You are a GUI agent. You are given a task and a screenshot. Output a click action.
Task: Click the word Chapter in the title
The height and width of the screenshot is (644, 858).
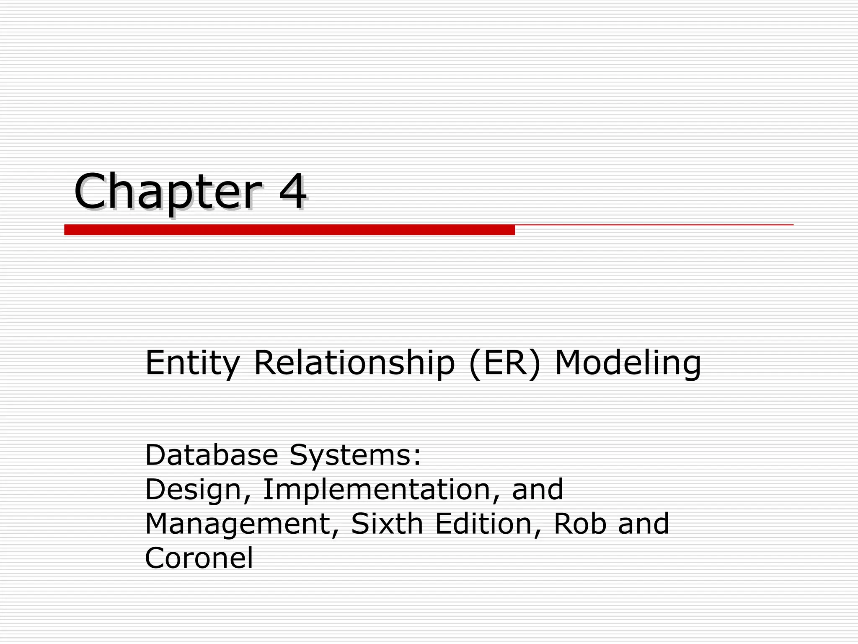pyautogui.click(x=168, y=192)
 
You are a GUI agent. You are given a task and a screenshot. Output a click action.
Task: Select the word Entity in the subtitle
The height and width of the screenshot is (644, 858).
pyautogui.click(x=192, y=363)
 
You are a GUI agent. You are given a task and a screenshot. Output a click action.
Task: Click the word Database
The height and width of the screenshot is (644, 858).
pyautogui.click(x=212, y=455)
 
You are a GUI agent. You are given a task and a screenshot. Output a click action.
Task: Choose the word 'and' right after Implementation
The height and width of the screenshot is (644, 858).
pyautogui.click(x=538, y=489)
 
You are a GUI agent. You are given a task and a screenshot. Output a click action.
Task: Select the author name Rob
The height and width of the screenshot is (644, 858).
pyautogui.click(x=580, y=524)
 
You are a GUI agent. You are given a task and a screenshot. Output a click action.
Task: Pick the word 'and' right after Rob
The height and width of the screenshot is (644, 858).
pyautogui.click(x=643, y=524)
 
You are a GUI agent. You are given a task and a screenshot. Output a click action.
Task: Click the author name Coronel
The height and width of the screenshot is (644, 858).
pyautogui.click(x=199, y=558)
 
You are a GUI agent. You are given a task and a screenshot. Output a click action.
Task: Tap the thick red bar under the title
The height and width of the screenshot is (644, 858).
pyautogui.click(x=289, y=230)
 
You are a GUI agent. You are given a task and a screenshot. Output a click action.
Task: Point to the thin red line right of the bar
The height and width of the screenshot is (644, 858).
pyautogui.click(x=654, y=225)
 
